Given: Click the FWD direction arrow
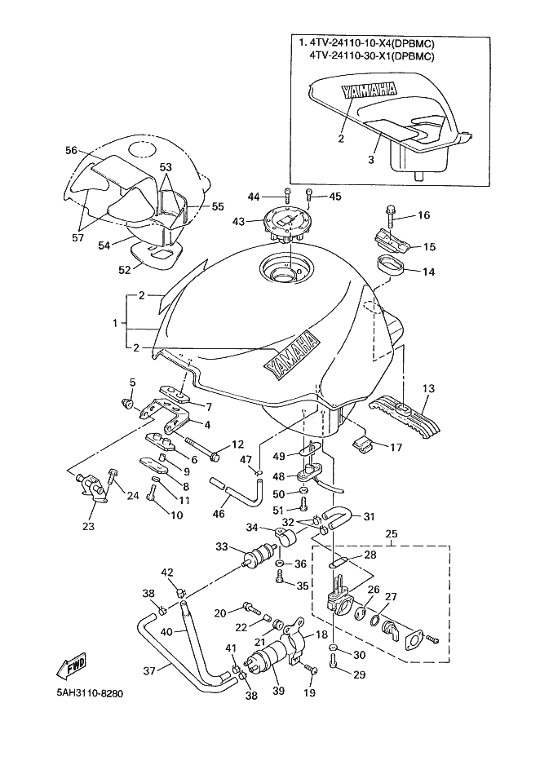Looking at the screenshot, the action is click(x=71, y=666).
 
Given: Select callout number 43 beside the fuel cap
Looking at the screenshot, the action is click(x=238, y=222).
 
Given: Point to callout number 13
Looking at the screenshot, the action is click(x=428, y=389).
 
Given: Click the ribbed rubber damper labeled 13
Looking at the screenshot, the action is click(x=405, y=414).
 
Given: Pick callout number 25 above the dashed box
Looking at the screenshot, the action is click(x=392, y=533).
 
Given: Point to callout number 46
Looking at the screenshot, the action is click(x=219, y=513).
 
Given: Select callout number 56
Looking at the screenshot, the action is click(x=71, y=150).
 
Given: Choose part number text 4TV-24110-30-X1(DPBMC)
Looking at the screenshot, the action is click(x=372, y=56).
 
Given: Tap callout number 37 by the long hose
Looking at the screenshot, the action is click(x=149, y=671).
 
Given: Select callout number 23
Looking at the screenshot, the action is click(x=88, y=526).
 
